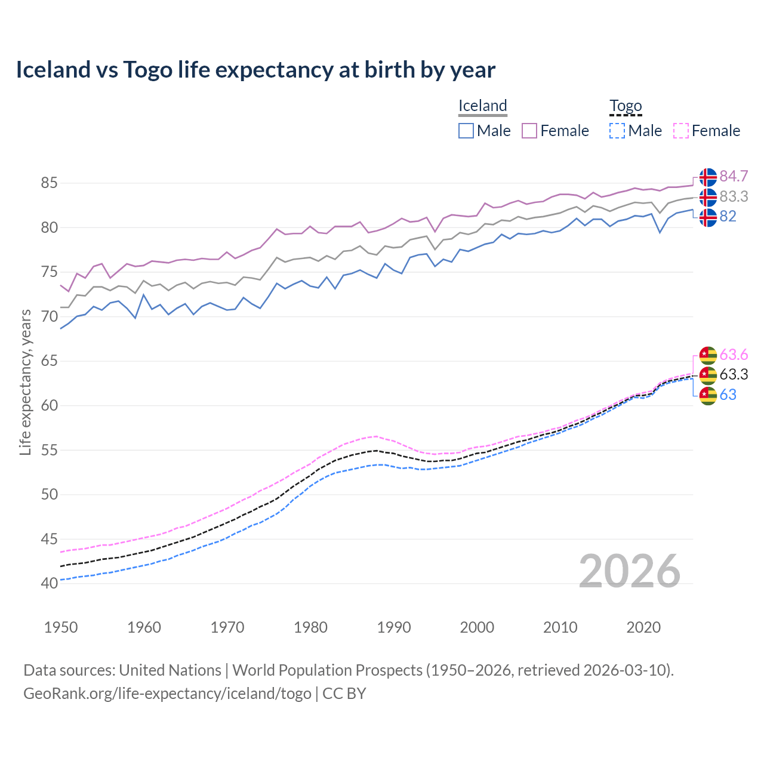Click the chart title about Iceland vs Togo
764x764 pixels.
255,70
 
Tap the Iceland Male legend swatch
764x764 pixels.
466,131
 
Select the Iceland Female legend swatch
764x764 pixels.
529,131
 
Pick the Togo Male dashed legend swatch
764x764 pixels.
617,131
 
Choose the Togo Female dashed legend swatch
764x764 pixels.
681,131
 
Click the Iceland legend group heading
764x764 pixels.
482,106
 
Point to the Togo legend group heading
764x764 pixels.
625,106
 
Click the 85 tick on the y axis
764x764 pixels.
49,183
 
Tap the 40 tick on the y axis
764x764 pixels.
49,583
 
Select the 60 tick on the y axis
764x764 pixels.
49,405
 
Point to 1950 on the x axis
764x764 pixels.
61,627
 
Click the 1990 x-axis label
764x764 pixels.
394,627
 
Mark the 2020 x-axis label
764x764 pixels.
643,627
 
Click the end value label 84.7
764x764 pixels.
734,177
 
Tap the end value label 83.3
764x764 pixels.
734,196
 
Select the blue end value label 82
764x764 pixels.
728,216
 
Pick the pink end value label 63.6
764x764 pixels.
734,355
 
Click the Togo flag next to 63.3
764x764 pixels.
708,375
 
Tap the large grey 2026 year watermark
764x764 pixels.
629,571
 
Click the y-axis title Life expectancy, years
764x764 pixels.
25,382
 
